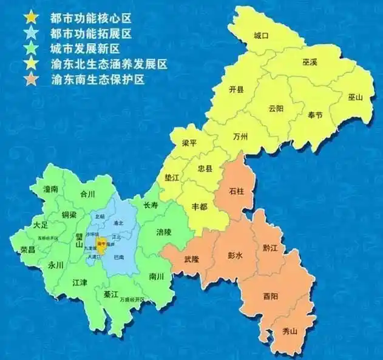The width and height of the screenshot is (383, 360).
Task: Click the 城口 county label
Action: click(261, 36)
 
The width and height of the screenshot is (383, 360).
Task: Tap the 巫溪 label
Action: click(310, 63)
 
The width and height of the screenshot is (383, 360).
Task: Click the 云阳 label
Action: click(276, 109)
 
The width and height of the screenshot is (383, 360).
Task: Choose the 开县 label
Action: click(236, 90)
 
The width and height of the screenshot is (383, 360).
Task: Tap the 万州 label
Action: click(240, 137)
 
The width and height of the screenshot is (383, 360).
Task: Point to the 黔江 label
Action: click(270, 248)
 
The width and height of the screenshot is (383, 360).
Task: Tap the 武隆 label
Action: click(192, 259)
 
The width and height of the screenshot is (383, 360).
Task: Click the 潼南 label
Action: click(50, 189)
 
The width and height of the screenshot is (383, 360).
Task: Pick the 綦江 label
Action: click(111, 294)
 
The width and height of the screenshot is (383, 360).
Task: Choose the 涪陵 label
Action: click(164, 232)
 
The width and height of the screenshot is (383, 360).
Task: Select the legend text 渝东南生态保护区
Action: click(98, 79)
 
